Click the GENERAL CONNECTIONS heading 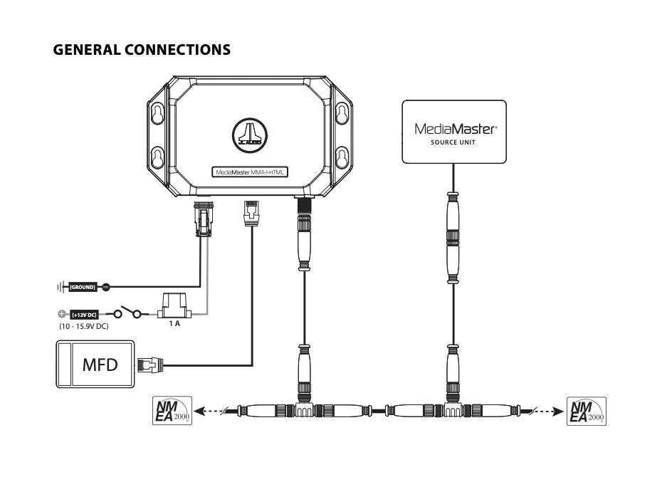[142, 50]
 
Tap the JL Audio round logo [248, 135]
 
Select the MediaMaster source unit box [453, 132]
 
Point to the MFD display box [97, 365]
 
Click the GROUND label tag [82, 287]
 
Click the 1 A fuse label [174, 324]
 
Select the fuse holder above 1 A [174, 308]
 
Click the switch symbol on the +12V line [130, 313]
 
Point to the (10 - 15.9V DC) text [83, 326]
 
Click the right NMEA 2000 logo [587, 411]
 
